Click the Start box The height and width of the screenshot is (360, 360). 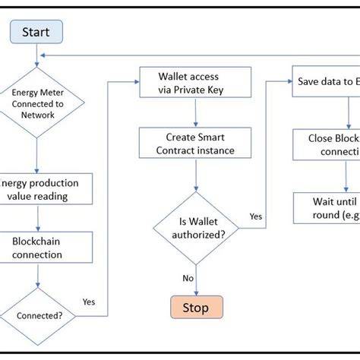(36, 32)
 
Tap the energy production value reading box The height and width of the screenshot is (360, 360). (46, 189)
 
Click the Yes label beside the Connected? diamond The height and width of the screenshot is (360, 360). (89, 302)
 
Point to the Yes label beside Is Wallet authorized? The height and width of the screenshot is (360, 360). (256, 216)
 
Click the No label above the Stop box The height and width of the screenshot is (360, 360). (188, 278)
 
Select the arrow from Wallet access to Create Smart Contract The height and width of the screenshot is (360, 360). (197, 113)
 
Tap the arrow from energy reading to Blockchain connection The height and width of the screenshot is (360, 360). (36, 219)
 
